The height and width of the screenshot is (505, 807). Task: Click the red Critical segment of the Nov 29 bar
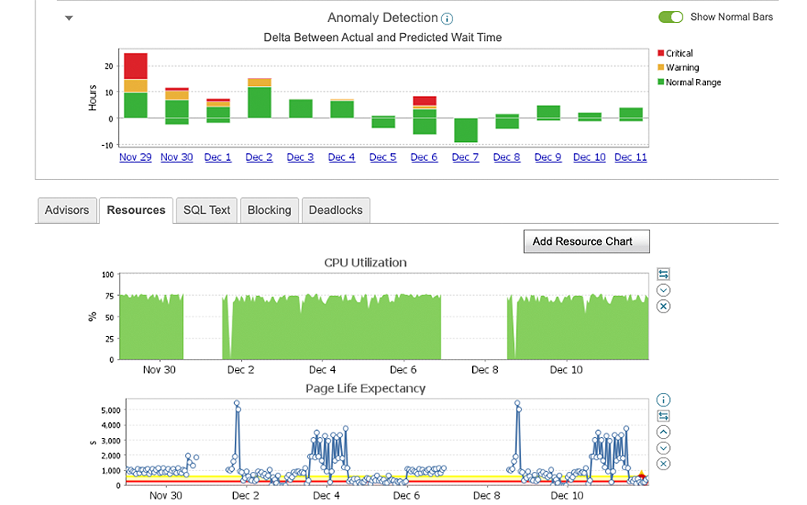(x=136, y=65)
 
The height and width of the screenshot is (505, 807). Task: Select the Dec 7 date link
(x=465, y=157)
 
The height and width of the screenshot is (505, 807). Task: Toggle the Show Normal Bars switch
(x=671, y=17)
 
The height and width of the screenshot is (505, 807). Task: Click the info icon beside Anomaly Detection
(x=448, y=19)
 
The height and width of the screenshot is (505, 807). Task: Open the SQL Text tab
(x=206, y=210)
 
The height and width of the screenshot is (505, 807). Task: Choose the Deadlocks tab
(x=336, y=210)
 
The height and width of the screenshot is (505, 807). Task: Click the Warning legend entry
(x=682, y=68)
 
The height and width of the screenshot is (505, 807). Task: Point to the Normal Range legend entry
(x=693, y=82)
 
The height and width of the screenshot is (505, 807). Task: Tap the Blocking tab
(x=269, y=210)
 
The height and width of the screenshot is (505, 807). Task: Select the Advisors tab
(x=67, y=210)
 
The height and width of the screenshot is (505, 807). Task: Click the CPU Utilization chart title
(x=365, y=262)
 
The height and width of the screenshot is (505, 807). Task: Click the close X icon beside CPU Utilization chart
(x=663, y=306)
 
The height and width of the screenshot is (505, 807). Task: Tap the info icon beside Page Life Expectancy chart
(x=663, y=400)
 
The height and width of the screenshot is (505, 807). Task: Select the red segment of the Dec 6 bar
(x=424, y=101)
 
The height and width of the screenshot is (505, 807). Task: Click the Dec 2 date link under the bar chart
(x=258, y=157)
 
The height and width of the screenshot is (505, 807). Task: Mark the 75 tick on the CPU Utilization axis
(x=110, y=296)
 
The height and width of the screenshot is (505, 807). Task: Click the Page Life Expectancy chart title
(x=365, y=388)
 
